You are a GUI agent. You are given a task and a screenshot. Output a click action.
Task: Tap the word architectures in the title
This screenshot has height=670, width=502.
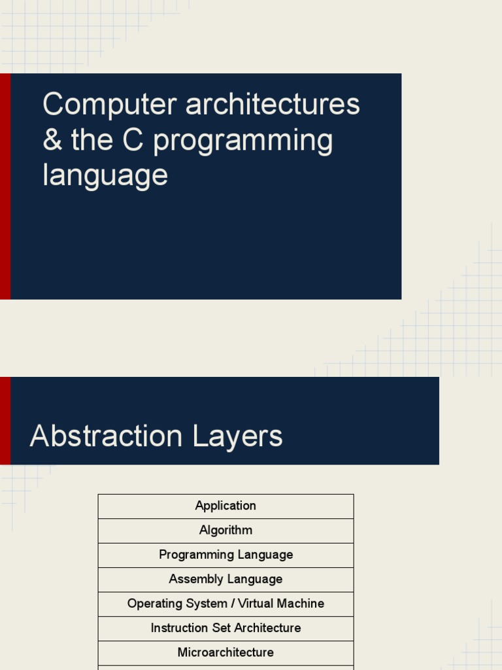click(x=273, y=105)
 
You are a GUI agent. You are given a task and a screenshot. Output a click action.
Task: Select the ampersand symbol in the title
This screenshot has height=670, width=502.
click(x=52, y=140)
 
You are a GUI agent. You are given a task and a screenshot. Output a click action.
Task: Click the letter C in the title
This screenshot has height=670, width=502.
click(x=133, y=140)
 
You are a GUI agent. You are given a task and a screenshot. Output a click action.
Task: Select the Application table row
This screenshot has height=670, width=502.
click(x=226, y=506)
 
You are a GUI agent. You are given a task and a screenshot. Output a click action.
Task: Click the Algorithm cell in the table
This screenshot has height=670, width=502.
click(x=226, y=530)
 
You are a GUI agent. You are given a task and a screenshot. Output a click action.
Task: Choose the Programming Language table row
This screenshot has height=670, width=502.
click(x=226, y=555)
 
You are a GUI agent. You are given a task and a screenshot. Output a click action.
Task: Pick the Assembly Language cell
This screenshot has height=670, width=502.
click(x=226, y=579)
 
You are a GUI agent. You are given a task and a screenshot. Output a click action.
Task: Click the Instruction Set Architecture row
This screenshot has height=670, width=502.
click(x=226, y=628)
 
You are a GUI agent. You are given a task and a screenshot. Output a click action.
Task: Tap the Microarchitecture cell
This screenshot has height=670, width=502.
click(x=226, y=652)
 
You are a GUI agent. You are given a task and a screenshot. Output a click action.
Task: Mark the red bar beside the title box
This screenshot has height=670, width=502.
click(x=5, y=186)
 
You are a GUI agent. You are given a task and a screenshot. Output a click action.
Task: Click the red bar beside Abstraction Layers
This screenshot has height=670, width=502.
click(x=5, y=421)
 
